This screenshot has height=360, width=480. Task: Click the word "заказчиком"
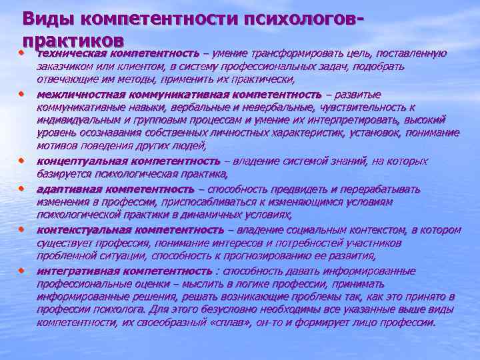tap(63, 67)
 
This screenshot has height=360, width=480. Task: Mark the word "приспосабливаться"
tap(193, 201)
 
